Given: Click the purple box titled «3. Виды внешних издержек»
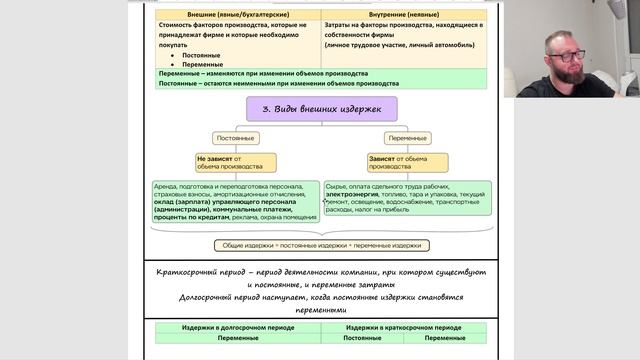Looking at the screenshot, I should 321,108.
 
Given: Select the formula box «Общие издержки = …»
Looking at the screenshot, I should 321,245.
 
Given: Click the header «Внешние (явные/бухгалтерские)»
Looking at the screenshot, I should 236,15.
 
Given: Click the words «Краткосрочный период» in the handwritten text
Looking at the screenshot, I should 199,271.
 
